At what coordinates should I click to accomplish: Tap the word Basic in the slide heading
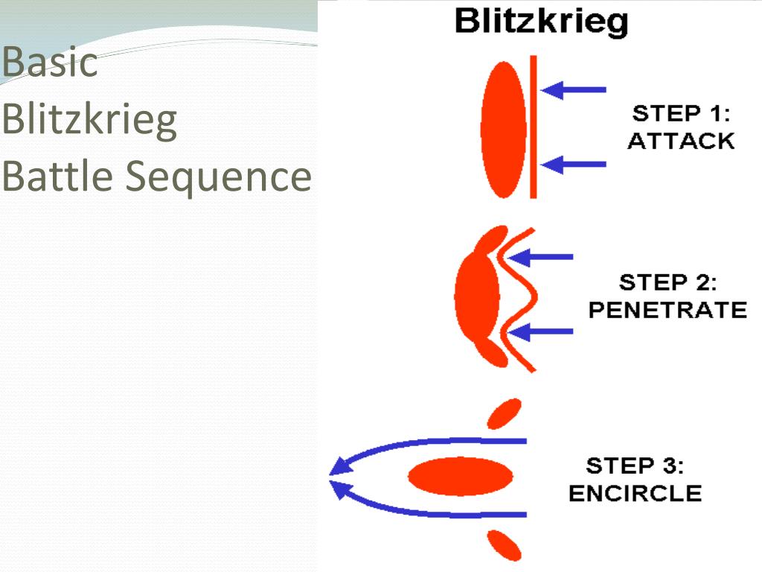coord(49,63)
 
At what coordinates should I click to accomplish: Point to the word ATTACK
coord(681,141)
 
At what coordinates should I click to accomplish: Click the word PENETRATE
coord(667,310)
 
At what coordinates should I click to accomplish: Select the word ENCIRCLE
coord(635,493)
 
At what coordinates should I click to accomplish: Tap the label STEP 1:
coord(681,114)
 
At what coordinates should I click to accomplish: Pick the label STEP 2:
coord(667,283)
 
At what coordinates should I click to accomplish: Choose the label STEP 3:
coord(635,466)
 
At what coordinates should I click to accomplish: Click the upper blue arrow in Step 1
coord(574,90)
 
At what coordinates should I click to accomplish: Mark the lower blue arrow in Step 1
coord(574,164)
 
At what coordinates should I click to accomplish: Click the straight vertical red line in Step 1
coord(533,127)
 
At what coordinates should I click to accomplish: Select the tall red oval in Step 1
coord(499,130)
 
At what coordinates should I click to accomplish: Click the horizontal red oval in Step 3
coord(461,475)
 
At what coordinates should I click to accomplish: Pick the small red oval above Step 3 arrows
coord(504,413)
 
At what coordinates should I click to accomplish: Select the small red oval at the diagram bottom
coord(505,544)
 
